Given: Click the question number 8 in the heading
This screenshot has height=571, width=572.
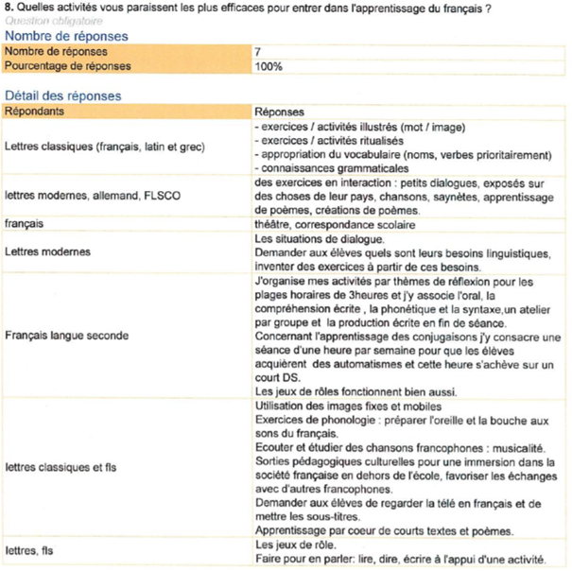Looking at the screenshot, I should [9, 9].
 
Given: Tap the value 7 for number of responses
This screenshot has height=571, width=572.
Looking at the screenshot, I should [258, 51].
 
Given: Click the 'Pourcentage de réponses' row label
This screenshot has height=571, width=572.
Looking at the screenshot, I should [68, 66].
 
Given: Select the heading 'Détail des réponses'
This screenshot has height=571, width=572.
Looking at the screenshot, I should [63, 95].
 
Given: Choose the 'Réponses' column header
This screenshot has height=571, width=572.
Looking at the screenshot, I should [280, 111].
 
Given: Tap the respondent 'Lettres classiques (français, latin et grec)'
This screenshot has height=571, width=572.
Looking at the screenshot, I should [104, 147].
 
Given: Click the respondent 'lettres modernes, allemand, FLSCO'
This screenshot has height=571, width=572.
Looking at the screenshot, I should [93, 196].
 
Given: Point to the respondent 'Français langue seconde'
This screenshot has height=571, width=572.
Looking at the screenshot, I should [67, 335].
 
